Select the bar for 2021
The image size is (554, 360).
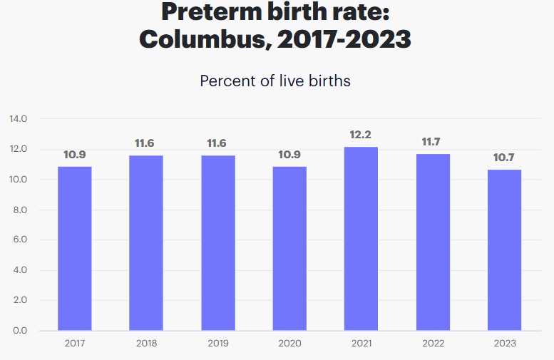coord(361,239)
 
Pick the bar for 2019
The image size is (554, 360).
coord(217,243)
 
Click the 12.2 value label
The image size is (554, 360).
coord(361,135)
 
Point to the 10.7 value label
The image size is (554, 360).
coord(504,158)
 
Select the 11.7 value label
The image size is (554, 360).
coord(432,143)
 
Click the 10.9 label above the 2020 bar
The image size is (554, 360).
coord(289,155)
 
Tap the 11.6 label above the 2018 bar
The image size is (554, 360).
coord(145,144)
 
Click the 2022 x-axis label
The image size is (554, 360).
coord(432,344)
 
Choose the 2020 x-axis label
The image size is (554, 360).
coord(289,344)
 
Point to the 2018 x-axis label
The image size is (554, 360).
coord(145,344)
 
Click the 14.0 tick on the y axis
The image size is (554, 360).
coord(18,119)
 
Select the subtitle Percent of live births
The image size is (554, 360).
coord(275,81)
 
